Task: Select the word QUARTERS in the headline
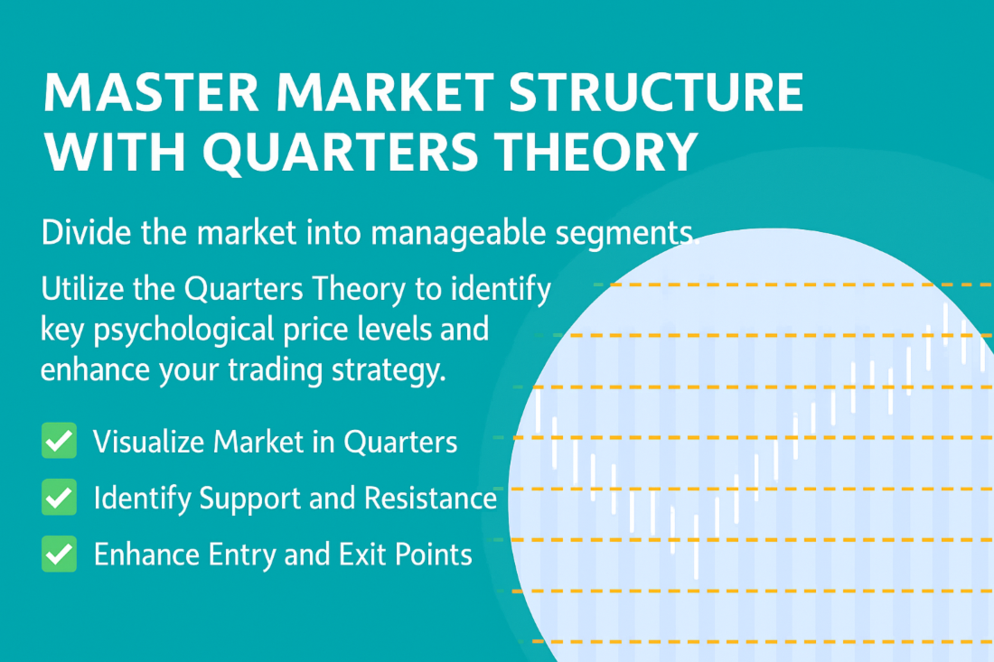tap(341, 152)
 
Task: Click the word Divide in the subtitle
tap(86, 232)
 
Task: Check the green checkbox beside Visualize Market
tap(59, 440)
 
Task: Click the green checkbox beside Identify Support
tap(59, 497)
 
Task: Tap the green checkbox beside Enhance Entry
tap(59, 554)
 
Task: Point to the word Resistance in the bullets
tap(430, 498)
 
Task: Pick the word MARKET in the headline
tap(385, 92)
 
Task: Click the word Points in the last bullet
tap(434, 555)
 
